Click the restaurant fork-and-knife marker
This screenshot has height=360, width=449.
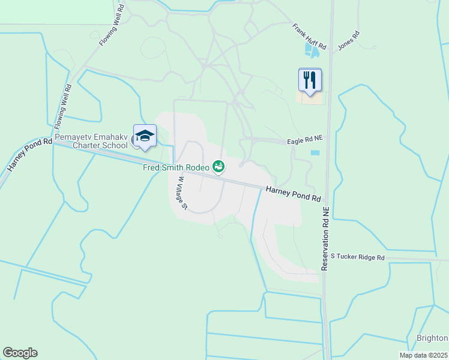pyautogui.click(x=310, y=80)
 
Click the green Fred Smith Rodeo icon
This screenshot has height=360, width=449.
pyautogui.click(x=219, y=166)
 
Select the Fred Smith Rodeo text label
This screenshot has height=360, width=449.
pyautogui.click(x=176, y=167)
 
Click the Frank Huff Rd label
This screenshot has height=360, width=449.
pyautogui.click(x=310, y=37)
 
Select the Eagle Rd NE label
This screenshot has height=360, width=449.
pyautogui.click(x=305, y=138)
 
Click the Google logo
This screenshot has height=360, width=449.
pyautogui.click(x=20, y=353)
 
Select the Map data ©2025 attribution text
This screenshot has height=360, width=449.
pyautogui.click(x=424, y=355)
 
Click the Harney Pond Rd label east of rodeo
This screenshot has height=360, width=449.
pyautogui.click(x=293, y=193)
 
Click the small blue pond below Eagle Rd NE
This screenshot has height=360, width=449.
pyautogui.click(x=315, y=152)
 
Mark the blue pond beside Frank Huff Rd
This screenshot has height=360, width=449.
pyautogui.click(x=312, y=49)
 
